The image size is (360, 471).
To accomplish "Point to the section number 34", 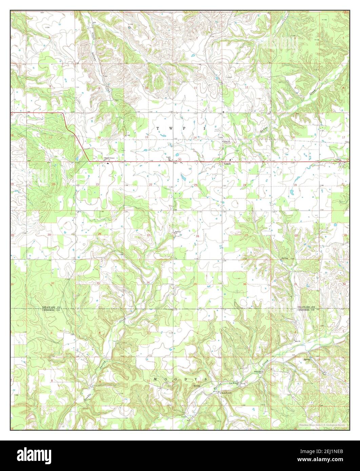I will tap(148, 283).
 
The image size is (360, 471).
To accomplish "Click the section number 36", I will tap(245, 284).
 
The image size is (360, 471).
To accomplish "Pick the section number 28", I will tap(100, 234).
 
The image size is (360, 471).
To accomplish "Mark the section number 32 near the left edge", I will tap(53, 283).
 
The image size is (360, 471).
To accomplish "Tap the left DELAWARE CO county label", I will tap(51, 307).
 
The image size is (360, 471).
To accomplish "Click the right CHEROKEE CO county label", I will tap(306, 310).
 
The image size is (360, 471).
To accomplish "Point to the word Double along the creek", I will tap(87, 396).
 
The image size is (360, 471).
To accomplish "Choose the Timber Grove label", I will tap(109, 158).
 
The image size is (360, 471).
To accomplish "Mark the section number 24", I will tap(244, 185).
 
